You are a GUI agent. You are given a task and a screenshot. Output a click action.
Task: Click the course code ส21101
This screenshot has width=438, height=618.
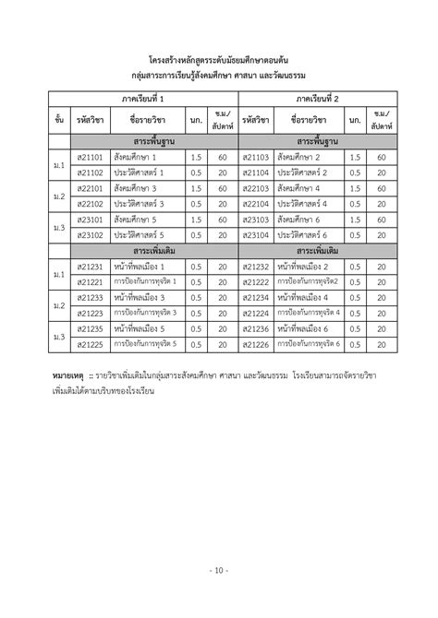point(91,158)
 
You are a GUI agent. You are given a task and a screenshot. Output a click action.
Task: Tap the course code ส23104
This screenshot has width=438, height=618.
point(255,235)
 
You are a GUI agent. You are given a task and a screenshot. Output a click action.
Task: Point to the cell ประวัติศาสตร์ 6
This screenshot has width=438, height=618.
point(306,235)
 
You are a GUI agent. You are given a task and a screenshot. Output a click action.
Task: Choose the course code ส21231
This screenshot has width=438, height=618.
point(91,267)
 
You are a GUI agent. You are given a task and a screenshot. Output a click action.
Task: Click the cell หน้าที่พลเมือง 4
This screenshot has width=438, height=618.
point(306,297)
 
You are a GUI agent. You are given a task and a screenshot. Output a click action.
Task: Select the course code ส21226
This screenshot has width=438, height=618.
point(255,344)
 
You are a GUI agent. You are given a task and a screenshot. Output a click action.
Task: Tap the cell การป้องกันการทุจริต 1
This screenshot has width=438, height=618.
point(146,281)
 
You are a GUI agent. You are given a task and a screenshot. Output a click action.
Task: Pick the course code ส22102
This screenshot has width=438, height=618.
point(91,204)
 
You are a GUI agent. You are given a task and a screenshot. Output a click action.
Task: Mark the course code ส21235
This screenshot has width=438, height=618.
point(91,328)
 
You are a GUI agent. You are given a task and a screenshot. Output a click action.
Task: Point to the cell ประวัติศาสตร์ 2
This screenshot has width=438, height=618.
point(306,172)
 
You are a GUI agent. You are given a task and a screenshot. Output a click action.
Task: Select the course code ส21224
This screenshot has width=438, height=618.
point(255,313)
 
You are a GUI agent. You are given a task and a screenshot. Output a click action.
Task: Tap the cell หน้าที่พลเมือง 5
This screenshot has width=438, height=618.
point(144,328)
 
